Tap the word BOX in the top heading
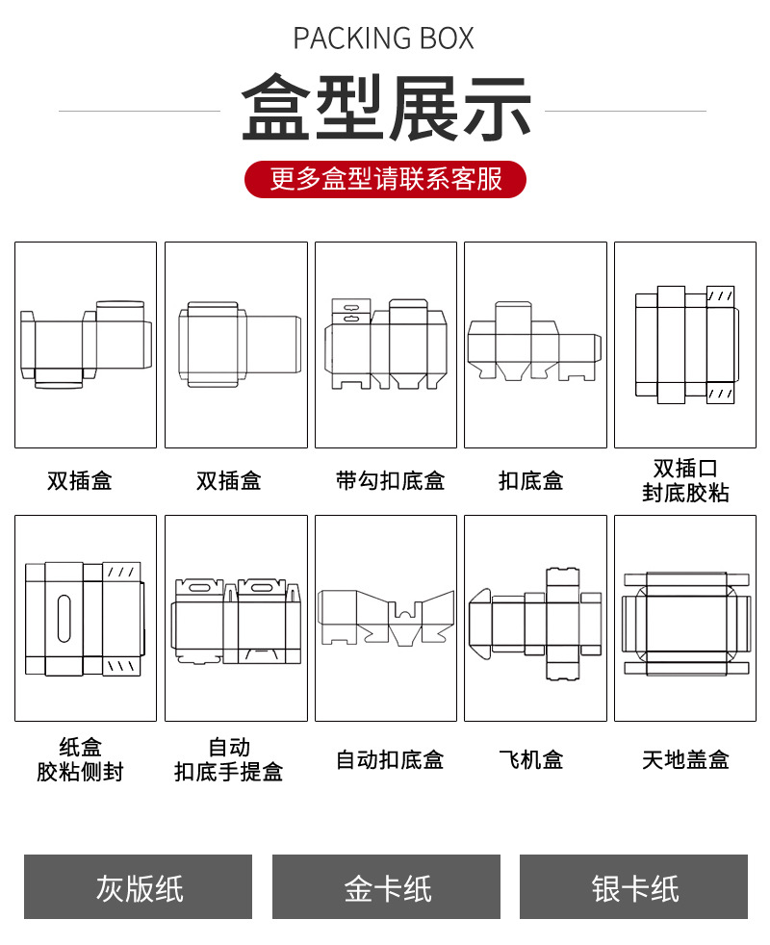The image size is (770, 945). (x=447, y=38)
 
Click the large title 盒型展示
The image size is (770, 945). (x=385, y=109)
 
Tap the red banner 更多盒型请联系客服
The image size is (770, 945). (x=385, y=179)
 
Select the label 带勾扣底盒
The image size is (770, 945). (x=390, y=480)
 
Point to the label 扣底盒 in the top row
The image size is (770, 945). (x=531, y=480)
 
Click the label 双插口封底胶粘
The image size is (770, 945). (x=685, y=480)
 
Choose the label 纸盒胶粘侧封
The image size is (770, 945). (x=81, y=759)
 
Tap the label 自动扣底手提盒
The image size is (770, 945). (x=229, y=759)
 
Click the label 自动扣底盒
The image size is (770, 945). (x=390, y=759)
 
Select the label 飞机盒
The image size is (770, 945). (x=531, y=759)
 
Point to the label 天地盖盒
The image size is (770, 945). (x=685, y=759)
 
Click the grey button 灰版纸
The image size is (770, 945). (x=139, y=887)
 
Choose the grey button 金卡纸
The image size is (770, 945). (x=386, y=887)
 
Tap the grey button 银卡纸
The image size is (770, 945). (x=634, y=887)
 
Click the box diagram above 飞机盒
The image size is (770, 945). (x=535, y=619)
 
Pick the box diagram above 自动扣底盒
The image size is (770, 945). (x=386, y=619)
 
